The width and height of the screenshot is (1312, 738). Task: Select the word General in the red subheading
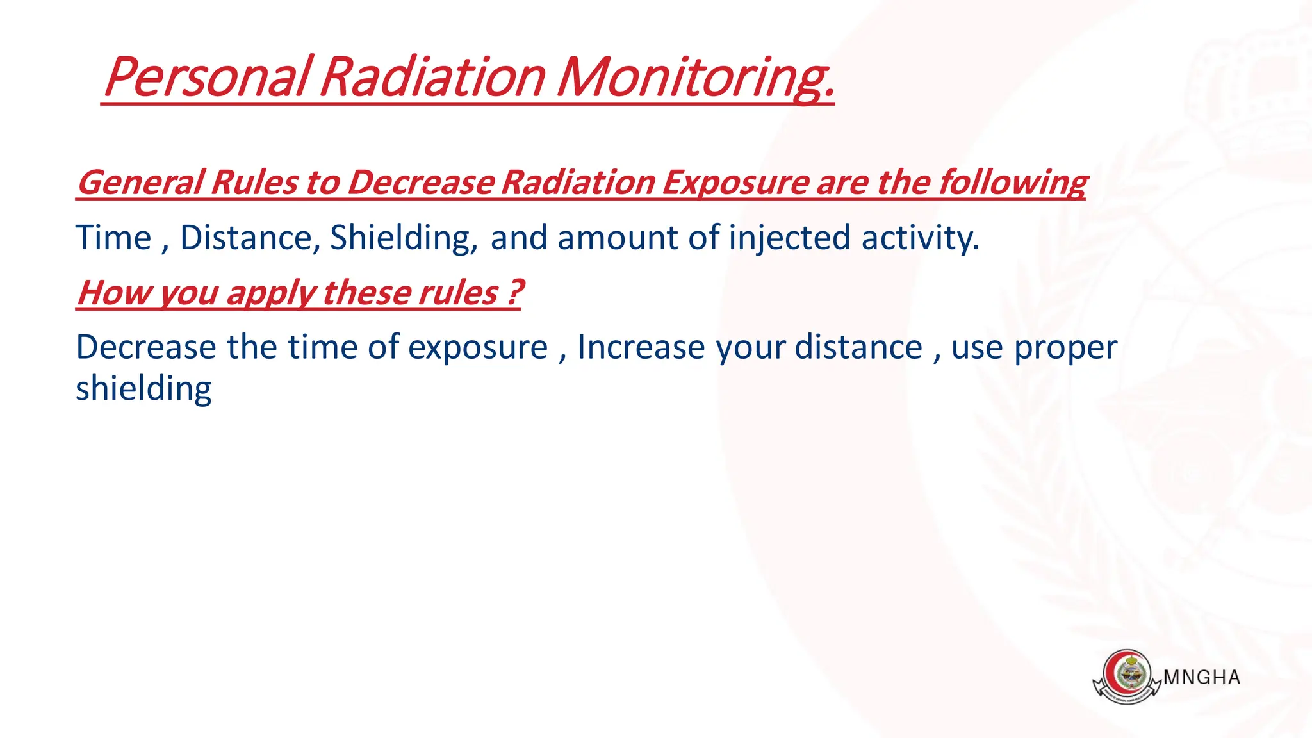(141, 183)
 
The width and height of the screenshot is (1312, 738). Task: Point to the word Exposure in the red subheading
(735, 183)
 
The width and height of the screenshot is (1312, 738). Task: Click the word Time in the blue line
(113, 238)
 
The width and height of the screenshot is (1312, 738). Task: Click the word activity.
(920, 238)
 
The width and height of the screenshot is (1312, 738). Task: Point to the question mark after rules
(515, 292)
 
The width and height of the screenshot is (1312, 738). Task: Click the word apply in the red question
(270, 293)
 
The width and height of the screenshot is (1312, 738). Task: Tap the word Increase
(641, 347)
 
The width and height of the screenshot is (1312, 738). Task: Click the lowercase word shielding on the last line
(143, 389)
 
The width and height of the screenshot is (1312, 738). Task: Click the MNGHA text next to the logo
(1201, 678)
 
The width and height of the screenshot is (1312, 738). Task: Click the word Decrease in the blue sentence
(145, 347)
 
